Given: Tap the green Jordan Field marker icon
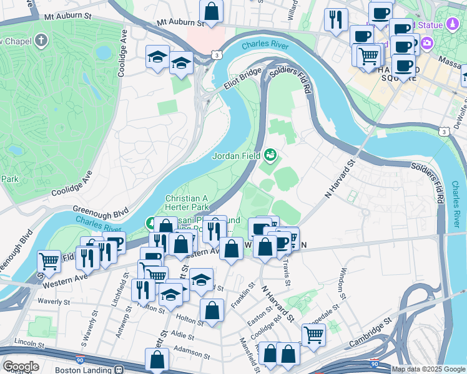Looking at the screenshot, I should tap(270, 153).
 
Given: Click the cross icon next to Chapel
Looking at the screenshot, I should tap(41, 41).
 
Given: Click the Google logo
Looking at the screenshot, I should tap(21, 367).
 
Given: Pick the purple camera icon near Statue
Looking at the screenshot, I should tap(428, 44).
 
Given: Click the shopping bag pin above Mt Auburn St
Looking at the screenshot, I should tap(212, 11).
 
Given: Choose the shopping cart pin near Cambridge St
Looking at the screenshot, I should tap(313, 334).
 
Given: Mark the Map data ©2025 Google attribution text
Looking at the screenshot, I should tap(428, 369).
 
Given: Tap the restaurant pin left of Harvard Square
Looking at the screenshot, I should tap(337, 19).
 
